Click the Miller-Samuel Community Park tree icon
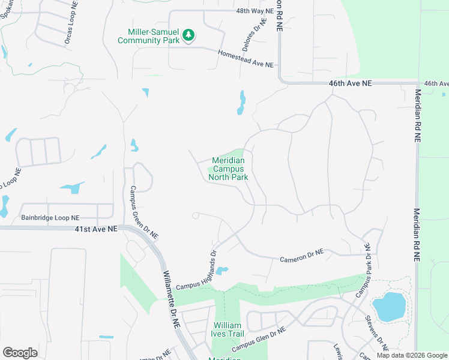[188, 35]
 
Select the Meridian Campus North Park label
[228, 169]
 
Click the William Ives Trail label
[228, 330]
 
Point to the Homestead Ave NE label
[246, 59]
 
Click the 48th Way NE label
[255, 11]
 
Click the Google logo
[20, 353]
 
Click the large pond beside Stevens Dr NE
[389, 306]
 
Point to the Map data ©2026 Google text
[411, 355]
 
